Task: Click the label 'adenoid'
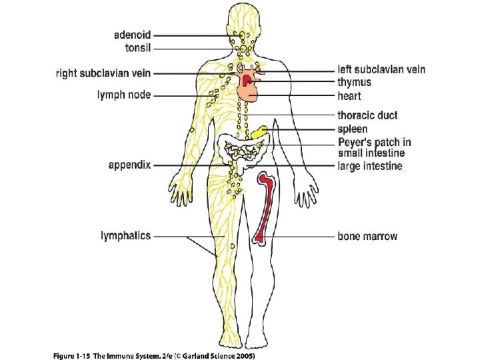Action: pyautogui.click(x=133, y=35)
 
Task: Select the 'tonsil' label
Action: pyautogui.click(x=138, y=48)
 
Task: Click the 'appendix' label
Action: pyautogui.click(x=131, y=164)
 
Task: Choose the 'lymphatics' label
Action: pyautogui.click(x=125, y=235)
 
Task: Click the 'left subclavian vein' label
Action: pyautogui.click(x=381, y=69)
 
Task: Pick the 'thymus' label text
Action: pyautogui.click(x=354, y=82)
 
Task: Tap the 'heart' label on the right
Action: pyautogui.click(x=349, y=96)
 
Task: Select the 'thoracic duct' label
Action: pyautogui.click(x=367, y=115)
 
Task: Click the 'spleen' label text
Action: pyautogui.click(x=352, y=129)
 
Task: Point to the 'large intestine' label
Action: pyautogui.click(x=370, y=165)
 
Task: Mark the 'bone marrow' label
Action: pyautogui.click(x=367, y=236)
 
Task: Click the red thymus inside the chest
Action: pyautogui.click(x=249, y=80)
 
